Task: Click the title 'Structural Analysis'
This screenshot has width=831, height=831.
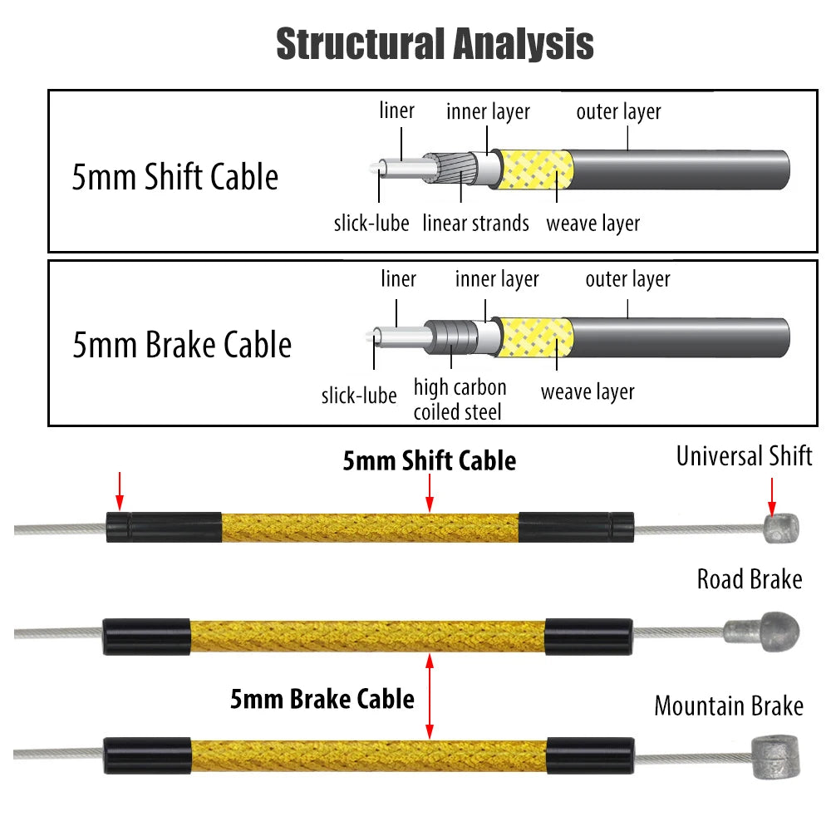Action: point(435,43)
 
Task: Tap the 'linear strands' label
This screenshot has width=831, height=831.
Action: point(475,223)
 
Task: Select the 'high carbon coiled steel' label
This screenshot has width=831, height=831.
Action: point(460,399)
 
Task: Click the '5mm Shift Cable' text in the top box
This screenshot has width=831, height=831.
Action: point(175,177)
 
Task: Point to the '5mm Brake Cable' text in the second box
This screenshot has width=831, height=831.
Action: point(182,345)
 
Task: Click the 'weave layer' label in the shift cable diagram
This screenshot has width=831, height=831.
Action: point(593,223)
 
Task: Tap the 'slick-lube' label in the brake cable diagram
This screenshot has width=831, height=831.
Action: point(359,395)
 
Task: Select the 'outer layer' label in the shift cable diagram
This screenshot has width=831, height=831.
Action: point(618,111)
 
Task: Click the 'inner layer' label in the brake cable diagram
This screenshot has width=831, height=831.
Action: point(497,279)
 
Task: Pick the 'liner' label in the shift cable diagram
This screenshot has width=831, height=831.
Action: point(396,110)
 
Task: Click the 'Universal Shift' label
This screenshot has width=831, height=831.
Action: point(744,455)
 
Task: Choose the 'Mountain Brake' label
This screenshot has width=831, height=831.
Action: point(729,706)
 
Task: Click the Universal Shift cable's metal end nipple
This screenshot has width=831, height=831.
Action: point(780,527)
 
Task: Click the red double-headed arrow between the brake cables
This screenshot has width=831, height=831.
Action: point(430,696)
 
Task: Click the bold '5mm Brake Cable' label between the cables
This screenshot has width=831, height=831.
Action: point(322,698)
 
